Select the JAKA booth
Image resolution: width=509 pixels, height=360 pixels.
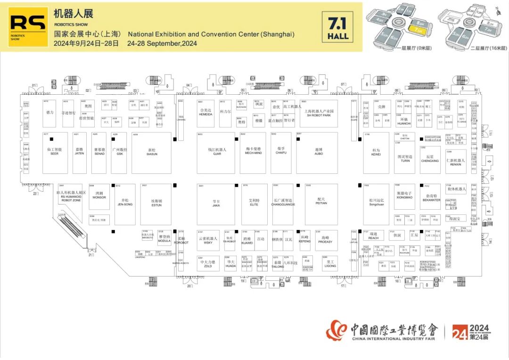pos(216,204)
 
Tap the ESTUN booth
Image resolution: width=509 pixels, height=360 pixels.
pos(156,204)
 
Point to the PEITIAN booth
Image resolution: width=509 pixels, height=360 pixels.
pos(321,204)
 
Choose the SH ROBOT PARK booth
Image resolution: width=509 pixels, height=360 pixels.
pos(319,114)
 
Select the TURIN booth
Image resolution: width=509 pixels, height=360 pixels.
pos(405,158)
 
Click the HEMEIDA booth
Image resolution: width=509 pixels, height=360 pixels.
pos(206,114)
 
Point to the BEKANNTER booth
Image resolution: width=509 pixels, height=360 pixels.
pos(430,197)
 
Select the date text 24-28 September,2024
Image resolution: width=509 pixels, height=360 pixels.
pos(162,43)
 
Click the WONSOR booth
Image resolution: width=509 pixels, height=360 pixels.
pos(99,196)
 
